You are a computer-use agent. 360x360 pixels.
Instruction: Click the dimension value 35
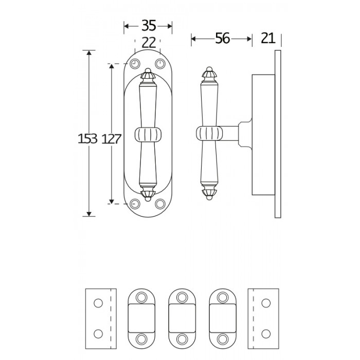149,26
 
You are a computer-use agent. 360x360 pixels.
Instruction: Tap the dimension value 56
222,39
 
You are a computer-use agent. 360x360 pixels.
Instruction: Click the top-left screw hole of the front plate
135,64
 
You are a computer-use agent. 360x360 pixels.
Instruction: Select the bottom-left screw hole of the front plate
135,204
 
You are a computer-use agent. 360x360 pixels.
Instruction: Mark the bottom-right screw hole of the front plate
160,204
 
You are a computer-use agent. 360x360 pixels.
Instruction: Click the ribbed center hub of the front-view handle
148,134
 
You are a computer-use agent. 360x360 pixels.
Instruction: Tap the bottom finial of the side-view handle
209,194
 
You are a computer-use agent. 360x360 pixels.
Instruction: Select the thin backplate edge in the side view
278,134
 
